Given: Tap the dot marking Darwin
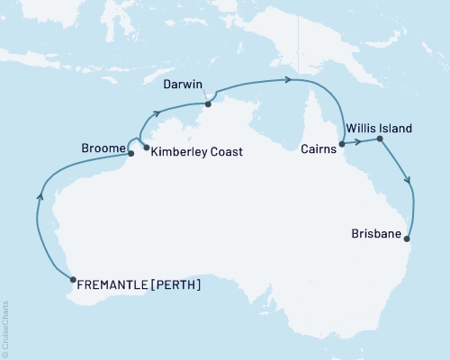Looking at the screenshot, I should (x=208, y=103).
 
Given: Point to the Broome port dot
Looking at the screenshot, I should (x=131, y=153).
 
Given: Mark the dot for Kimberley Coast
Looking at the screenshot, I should (x=147, y=147).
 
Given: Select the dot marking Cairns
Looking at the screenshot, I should (x=342, y=143).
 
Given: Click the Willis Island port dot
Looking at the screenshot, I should (x=380, y=139).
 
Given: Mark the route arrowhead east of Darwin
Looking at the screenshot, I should (x=288, y=80).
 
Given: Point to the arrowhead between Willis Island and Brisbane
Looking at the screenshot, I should (x=410, y=181).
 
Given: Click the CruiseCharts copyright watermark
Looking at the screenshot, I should (x=5, y=329).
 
